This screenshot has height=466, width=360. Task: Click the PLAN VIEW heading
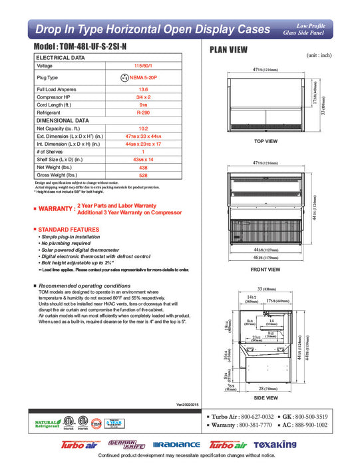[x=229, y=49]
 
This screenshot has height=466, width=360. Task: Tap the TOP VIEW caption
[x=266, y=142]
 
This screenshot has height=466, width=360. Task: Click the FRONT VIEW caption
[x=266, y=270]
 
